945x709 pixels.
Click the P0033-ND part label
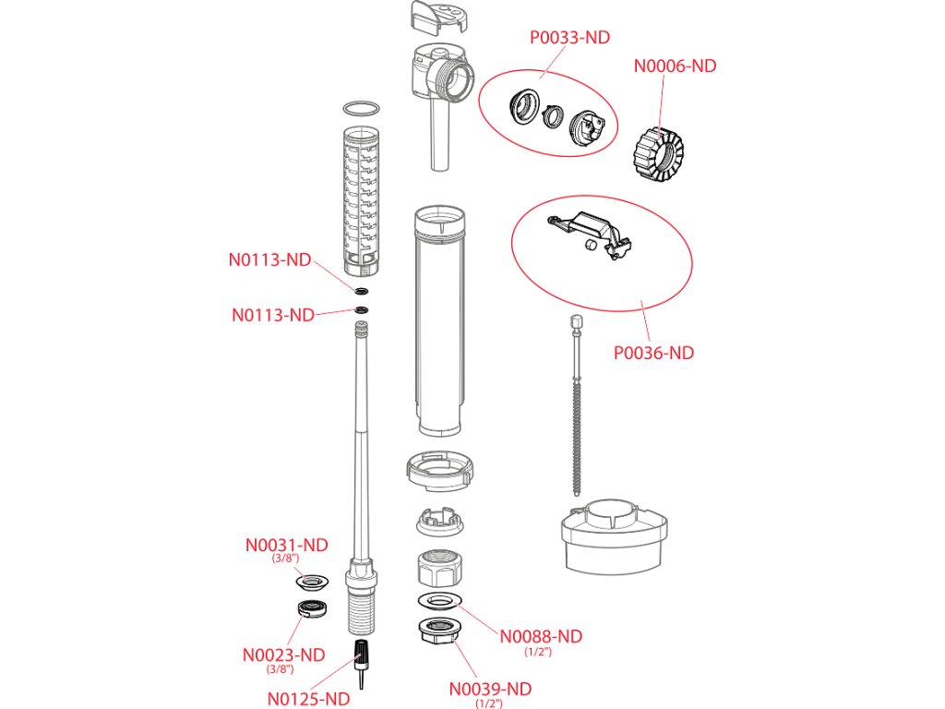pyautogui.click(x=569, y=38)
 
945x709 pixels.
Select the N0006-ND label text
pyautogui.click(x=675, y=66)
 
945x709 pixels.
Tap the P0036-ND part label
pyautogui.click(x=654, y=353)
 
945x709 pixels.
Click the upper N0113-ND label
pyautogui.click(x=270, y=259)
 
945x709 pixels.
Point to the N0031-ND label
pyautogui.click(x=287, y=546)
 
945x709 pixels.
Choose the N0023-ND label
pyautogui.click(x=284, y=655)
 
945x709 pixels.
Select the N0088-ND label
pyautogui.click(x=542, y=636)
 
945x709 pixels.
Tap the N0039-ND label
pyautogui.click(x=491, y=689)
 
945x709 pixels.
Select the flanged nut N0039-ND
pyautogui.click(x=438, y=631)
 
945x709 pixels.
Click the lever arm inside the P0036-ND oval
pyautogui.click(x=591, y=226)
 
